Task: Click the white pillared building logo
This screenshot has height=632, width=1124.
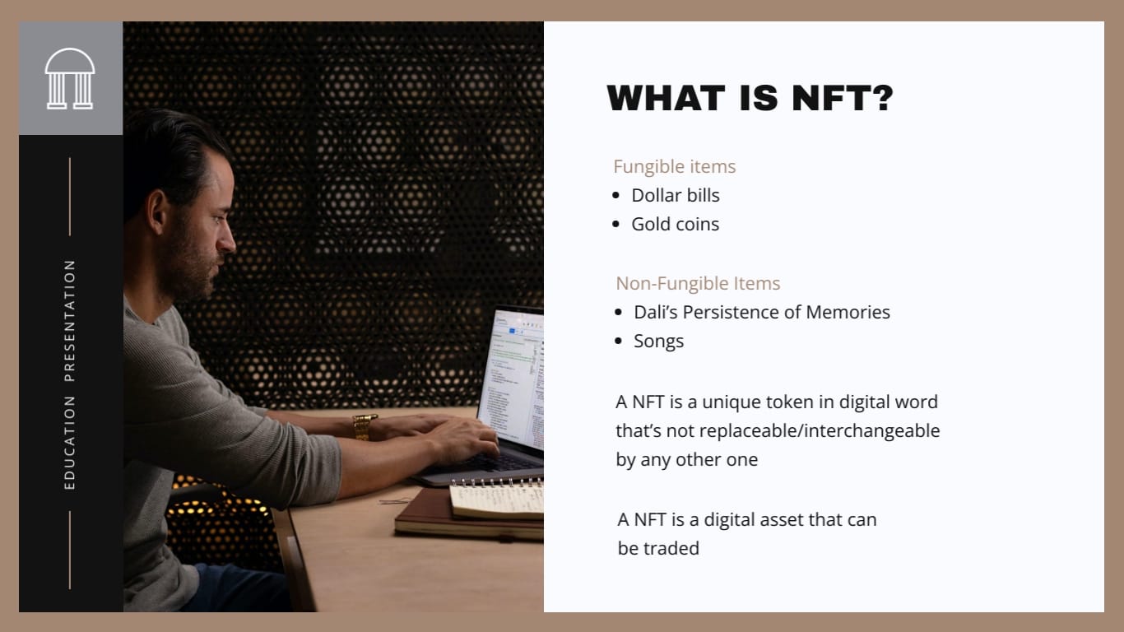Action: click(70, 78)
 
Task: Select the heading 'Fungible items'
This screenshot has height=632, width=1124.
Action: click(674, 166)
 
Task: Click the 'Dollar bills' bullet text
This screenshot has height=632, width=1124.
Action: click(675, 195)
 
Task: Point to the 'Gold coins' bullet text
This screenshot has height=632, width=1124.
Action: click(675, 224)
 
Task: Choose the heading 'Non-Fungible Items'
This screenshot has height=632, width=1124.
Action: click(698, 283)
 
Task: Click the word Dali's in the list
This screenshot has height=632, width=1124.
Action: click(655, 312)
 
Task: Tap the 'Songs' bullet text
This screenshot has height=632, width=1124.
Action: click(658, 341)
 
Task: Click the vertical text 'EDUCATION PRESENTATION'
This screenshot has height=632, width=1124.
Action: click(69, 374)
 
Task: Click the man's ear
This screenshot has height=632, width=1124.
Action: click(157, 210)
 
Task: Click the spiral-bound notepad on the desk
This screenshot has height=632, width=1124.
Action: click(496, 499)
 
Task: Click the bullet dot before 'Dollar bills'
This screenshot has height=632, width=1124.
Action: click(616, 196)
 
